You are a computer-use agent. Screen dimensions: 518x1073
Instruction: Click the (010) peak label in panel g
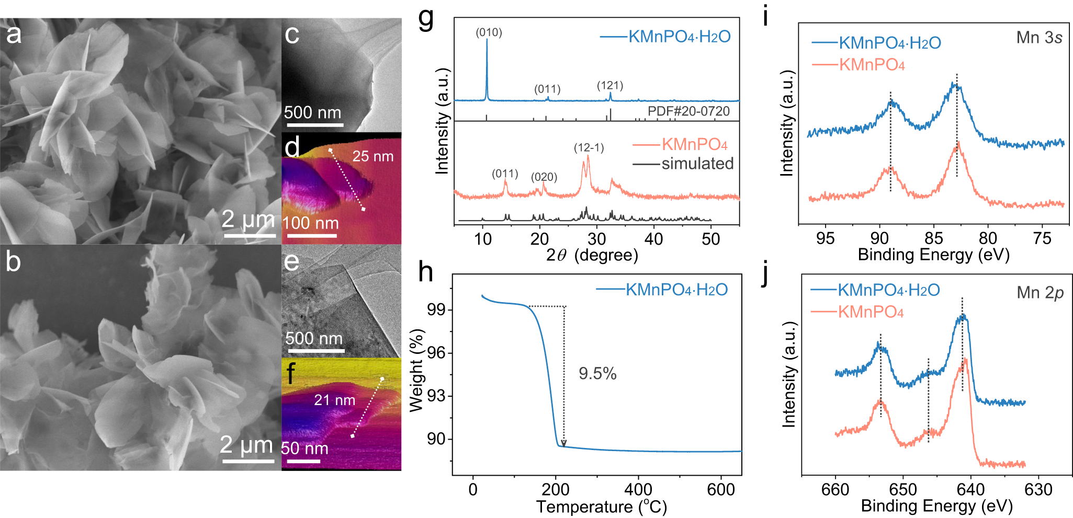point(489,33)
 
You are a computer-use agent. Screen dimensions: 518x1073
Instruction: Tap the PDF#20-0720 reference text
point(688,111)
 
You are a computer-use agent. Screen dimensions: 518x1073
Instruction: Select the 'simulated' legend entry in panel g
point(697,164)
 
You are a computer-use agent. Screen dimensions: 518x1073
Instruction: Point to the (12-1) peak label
point(589,148)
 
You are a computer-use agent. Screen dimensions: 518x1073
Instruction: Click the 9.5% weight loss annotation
point(597,373)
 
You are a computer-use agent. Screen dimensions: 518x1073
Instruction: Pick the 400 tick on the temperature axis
point(638,490)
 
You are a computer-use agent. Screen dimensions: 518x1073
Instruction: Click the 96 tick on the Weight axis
point(436,353)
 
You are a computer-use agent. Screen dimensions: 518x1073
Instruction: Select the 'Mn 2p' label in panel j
point(1040,293)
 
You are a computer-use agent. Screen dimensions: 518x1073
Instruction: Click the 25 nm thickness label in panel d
point(372,156)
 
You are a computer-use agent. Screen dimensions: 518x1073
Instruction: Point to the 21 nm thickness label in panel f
point(334,400)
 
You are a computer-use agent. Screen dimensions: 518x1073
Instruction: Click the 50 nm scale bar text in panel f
point(304,448)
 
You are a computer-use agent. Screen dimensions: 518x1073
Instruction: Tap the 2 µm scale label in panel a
point(248,220)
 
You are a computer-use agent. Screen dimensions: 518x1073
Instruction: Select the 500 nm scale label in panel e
point(313,338)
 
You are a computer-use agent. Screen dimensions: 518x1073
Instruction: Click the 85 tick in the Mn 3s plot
point(933,238)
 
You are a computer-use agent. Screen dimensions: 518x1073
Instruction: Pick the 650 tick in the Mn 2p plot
point(903,490)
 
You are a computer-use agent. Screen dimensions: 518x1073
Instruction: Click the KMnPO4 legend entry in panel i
point(872,65)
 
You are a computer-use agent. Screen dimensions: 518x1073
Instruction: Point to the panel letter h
point(425,272)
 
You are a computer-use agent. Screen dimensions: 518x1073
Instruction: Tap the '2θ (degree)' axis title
point(592,255)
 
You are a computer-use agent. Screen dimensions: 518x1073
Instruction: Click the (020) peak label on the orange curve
point(544,177)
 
